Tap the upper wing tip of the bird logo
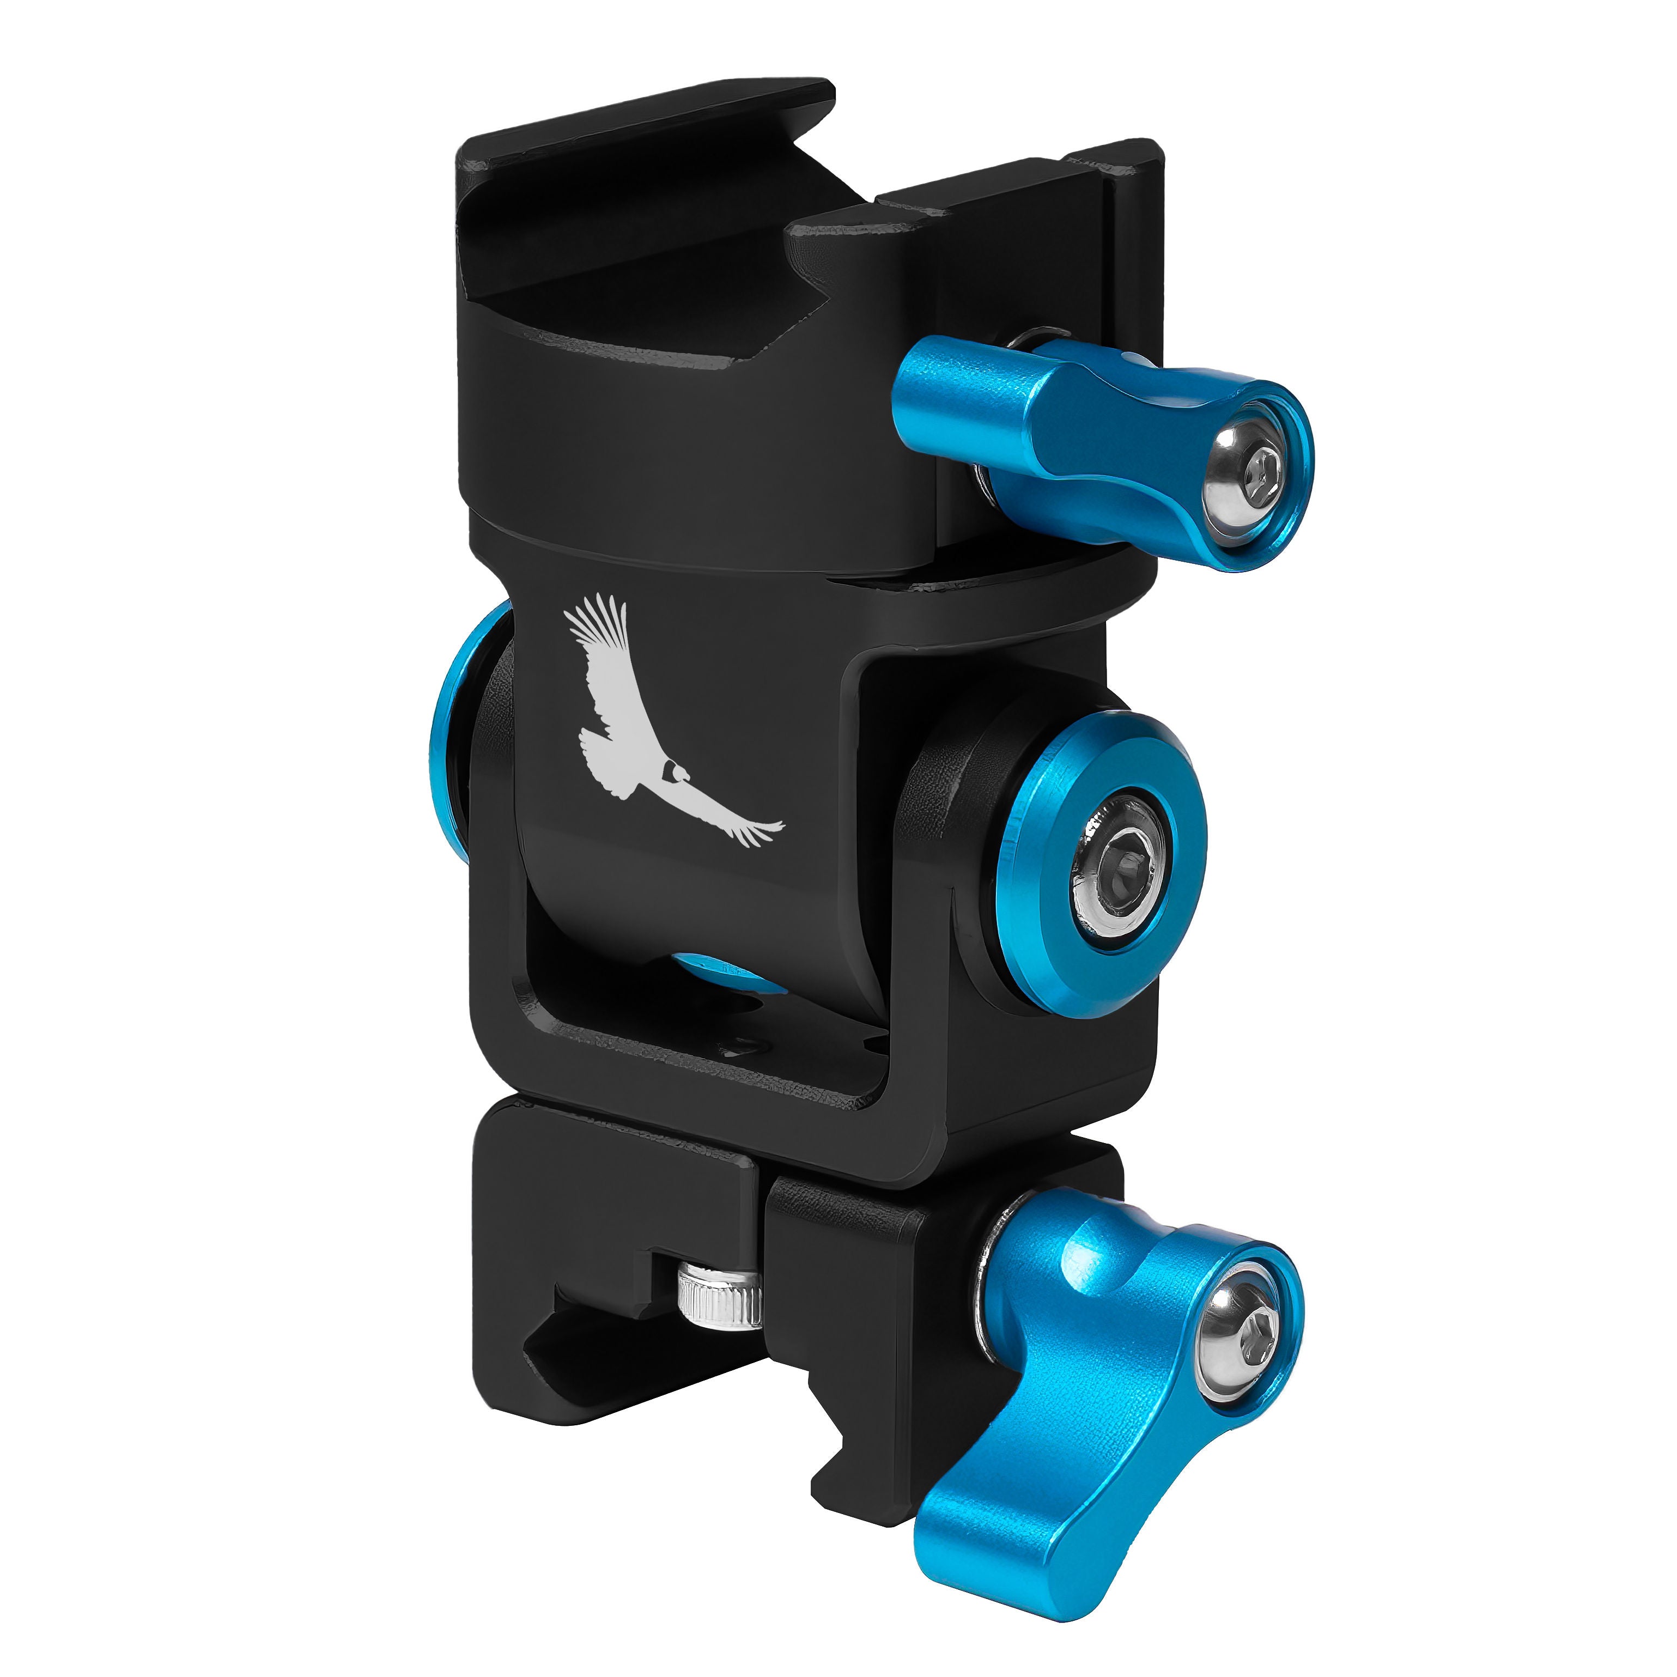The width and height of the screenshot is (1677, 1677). pyautogui.click(x=607, y=607)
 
